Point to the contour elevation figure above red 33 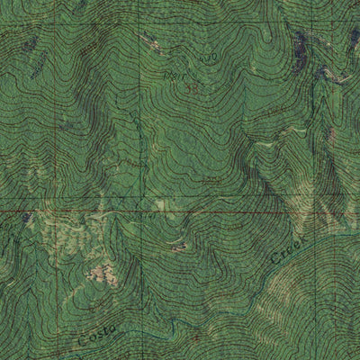tap(209, 58)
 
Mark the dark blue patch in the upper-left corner tap(29, 43)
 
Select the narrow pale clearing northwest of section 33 tap(149, 40)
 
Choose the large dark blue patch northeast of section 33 tap(300, 40)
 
